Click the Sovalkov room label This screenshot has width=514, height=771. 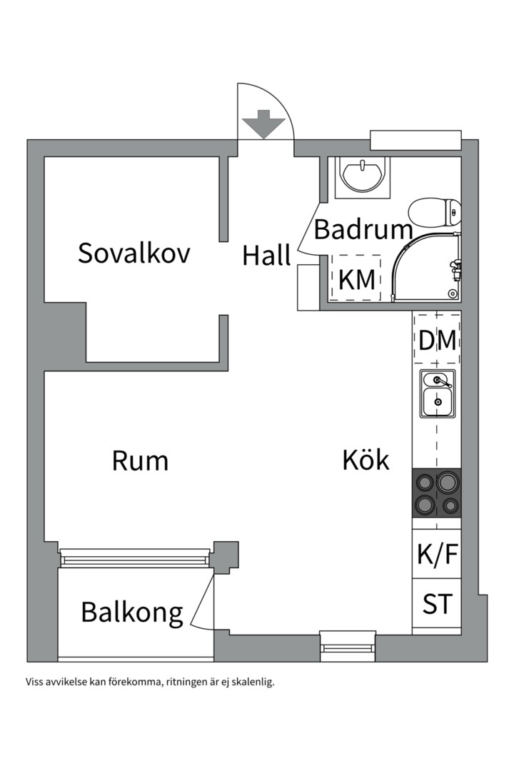tap(133, 253)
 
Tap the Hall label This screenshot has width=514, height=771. tap(266, 256)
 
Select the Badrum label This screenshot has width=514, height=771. tap(363, 229)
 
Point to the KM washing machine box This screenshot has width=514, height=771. tap(356, 278)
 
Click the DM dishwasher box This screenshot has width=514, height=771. tap(438, 339)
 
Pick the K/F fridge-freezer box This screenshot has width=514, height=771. tap(437, 554)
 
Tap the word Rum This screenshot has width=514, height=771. tap(140, 460)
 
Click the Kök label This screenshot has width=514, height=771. tap(366, 459)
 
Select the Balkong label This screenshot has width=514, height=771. tap(132, 613)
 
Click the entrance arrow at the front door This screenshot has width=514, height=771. tap(264, 124)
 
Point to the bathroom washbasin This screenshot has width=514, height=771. tap(363, 176)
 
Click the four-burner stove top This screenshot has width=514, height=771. tap(437, 493)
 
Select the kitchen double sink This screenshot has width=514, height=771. tap(438, 394)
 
